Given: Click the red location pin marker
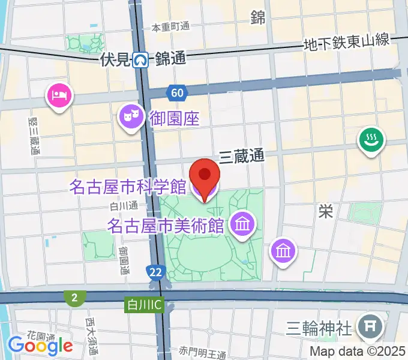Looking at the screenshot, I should [x=205, y=178].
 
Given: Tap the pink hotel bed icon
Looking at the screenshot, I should [x=59, y=95].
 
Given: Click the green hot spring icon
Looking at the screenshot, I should [x=371, y=141].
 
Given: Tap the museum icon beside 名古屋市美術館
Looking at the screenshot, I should [x=243, y=226].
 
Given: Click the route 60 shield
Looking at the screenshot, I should [x=176, y=93].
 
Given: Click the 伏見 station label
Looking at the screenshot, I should [x=116, y=59].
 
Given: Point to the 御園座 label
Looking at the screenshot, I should [x=175, y=116].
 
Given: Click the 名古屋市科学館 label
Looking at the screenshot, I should [x=127, y=187].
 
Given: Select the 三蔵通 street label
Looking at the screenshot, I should [x=241, y=156].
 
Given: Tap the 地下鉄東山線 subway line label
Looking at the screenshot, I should [x=347, y=43].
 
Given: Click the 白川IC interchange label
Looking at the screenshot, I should [x=143, y=304].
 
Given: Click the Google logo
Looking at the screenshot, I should [x=40, y=346].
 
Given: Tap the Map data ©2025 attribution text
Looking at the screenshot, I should [x=358, y=352].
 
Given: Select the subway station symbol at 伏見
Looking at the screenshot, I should [x=142, y=59].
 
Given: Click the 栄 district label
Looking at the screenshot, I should [x=326, y=211].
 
